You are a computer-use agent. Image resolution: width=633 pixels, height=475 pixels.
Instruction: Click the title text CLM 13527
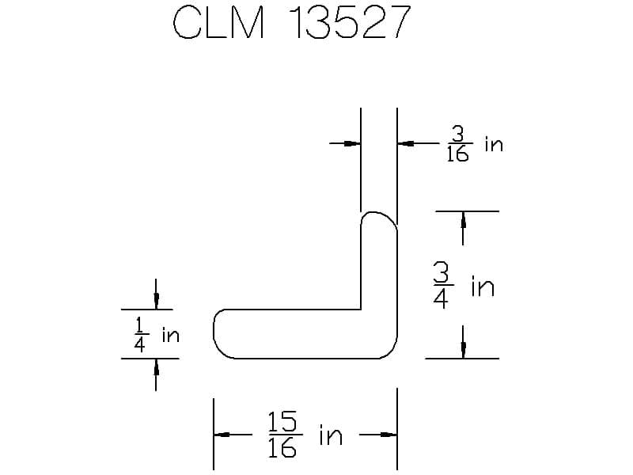[x=292, y=25]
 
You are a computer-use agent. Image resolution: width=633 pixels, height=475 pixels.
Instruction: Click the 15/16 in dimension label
[x=305, y=435]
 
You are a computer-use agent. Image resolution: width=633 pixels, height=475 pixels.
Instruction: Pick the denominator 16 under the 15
[x=282, y=449]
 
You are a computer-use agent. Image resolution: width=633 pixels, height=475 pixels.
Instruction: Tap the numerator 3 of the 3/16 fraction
[x=458, y=132]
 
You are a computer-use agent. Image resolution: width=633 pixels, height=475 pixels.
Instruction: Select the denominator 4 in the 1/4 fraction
[x=140, y=347]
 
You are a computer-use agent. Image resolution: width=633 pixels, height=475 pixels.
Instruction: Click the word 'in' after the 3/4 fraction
[x=483, y=286]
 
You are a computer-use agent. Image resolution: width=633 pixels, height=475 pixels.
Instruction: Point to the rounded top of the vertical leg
[x=379, y=215]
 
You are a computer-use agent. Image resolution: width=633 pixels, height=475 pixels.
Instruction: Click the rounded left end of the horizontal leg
[x=216, y=333]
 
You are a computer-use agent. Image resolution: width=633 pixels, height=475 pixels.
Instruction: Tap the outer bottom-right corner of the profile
[x=393, y=355]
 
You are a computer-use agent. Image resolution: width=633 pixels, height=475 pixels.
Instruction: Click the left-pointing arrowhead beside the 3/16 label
[x=404, y=143]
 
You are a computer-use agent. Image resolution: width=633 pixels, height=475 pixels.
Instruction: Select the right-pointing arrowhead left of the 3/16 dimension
[x=353, y=143]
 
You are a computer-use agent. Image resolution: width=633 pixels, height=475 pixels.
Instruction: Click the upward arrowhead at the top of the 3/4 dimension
[x=463, y=218]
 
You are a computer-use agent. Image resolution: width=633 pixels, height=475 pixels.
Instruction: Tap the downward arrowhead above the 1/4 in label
[x=156, y=302]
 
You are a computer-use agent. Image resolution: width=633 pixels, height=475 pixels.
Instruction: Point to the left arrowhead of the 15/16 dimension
[x=222, y=435]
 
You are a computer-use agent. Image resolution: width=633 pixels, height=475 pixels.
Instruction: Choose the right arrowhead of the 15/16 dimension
[x=388, y=435]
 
